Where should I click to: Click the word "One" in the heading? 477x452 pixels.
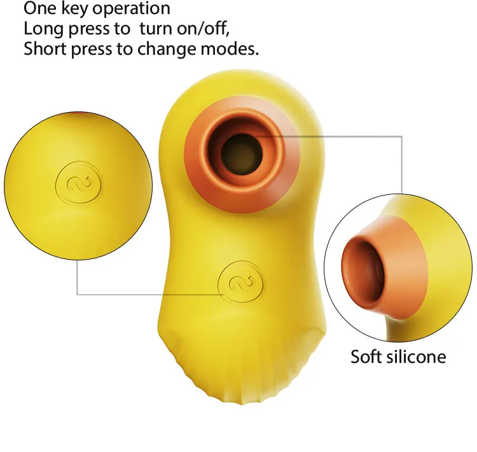coord(40,9)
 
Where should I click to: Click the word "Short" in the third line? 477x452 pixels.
coord(44,50)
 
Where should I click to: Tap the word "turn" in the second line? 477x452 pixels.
coord(150,29)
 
